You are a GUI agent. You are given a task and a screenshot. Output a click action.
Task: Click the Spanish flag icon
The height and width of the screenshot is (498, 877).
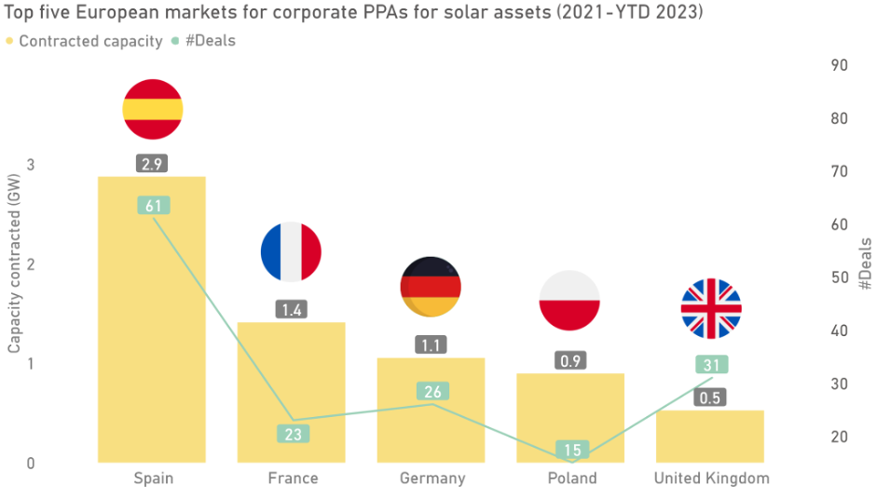(152, 110)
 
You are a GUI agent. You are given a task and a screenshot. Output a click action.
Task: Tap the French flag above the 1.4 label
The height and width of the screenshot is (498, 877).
(291, 251)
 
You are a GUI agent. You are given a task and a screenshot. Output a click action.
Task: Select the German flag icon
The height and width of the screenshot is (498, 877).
(431, 288)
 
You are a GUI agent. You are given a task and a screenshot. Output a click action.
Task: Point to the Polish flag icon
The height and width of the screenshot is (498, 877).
(569, 301)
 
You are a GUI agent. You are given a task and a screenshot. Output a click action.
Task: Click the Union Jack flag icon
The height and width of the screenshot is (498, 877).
(710, 308)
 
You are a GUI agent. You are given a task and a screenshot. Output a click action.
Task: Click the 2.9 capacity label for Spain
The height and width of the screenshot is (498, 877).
(152, 164)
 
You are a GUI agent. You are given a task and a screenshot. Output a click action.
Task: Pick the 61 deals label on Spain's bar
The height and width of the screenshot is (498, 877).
(152, 206)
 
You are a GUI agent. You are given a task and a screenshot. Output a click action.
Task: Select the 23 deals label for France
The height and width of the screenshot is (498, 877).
(292, 433)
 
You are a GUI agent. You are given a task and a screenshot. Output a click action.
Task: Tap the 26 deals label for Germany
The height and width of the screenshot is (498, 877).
(432, 391)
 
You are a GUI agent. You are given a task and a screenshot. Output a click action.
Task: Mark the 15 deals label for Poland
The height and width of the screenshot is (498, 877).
(571, 450)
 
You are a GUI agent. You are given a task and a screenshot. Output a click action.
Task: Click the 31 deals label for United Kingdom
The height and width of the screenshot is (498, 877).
(711, 365)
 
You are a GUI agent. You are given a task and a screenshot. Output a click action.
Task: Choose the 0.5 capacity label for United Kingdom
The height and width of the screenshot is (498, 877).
(711, 397)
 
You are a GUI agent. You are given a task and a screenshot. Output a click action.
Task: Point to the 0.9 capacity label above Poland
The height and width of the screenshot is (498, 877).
(571, 360)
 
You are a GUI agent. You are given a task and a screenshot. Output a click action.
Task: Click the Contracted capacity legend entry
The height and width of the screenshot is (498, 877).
(73, 42)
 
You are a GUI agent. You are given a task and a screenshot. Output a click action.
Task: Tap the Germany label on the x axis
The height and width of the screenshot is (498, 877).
(432, 478)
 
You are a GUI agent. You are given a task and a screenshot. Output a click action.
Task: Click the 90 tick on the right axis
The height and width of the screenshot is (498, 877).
(838, 65)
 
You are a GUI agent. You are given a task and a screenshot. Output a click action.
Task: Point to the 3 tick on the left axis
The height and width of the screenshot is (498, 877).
(31, 165)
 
